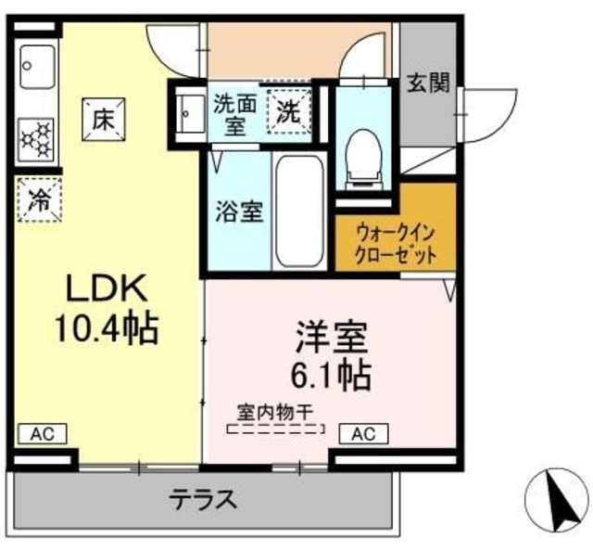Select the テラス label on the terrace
202,500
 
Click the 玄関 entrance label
428,84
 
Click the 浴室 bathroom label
240,211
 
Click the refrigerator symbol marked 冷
39,199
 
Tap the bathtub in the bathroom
297,210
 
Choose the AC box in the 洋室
363,433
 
